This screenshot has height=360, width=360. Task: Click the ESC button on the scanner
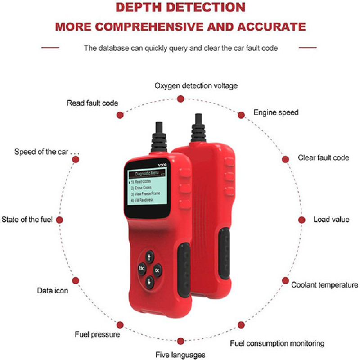(142, 268)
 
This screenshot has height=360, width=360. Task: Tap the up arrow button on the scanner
(149, 256)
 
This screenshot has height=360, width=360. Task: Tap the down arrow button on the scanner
(149, 281)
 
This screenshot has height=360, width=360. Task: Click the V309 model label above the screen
(162, 165)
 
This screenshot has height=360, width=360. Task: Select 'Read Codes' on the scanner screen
(143, 182)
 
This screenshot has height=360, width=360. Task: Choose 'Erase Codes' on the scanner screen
(143, 188)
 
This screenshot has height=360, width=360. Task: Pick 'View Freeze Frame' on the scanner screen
(148, 194)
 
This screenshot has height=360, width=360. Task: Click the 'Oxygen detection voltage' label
(196, 85)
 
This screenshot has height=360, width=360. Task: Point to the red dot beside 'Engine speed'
(241, 115)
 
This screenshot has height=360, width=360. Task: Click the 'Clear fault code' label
(324, 158)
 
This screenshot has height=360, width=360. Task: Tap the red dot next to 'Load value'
(301, 220)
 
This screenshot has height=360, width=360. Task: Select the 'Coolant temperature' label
(324, 285)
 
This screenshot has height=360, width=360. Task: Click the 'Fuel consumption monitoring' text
(277, 343)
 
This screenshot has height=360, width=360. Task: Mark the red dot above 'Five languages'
(181, 341)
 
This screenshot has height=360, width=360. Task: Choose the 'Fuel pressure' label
(97, 334)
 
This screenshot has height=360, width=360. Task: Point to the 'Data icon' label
(53, 291)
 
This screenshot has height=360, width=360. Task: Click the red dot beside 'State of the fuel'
(59, 220)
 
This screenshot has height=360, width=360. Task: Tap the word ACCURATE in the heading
(272, 27)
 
